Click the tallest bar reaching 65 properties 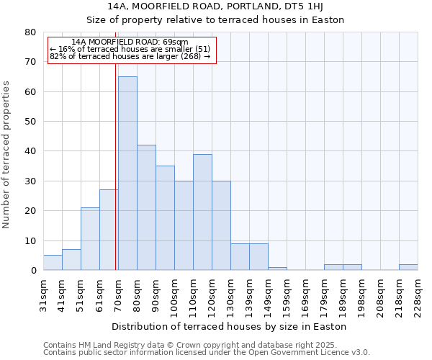point(127,173)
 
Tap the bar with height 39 point(202,212)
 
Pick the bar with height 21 point(90,238)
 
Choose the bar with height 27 point(108,230)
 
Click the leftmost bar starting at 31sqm point(53,263)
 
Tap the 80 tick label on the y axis point(30,32)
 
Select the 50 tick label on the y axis point(30,122)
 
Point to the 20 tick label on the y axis point(30,211)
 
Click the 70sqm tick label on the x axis point(118,294)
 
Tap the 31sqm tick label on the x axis point(43,294)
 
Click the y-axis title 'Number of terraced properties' point(7,154)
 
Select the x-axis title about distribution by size point(230,326)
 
